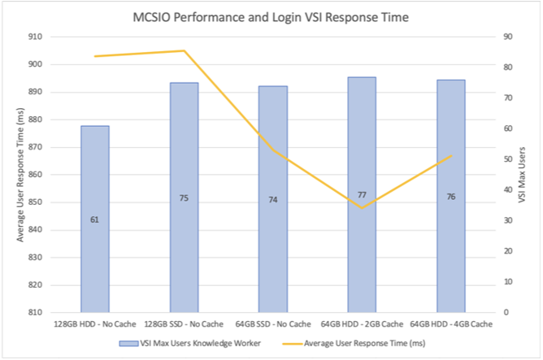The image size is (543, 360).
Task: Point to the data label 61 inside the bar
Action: tap(95, 219)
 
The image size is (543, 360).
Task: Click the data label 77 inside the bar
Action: tap(362, 195)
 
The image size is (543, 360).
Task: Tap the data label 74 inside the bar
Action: tap(273, 199)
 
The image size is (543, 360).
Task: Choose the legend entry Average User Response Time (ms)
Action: tap(358, 343)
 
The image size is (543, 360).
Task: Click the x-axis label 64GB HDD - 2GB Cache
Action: tap(362, 323)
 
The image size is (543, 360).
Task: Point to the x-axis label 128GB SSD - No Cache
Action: tap(184, 323)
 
